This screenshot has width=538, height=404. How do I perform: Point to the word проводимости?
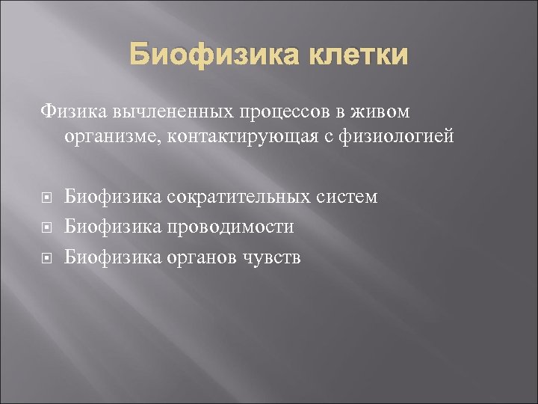click(x=230, y=227)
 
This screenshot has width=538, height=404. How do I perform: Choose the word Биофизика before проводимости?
click(x=112, y=227)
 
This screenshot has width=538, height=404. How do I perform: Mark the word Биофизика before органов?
click(x=112, y=257)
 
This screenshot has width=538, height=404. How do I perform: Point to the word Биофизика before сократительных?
click(x=112, y=197)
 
